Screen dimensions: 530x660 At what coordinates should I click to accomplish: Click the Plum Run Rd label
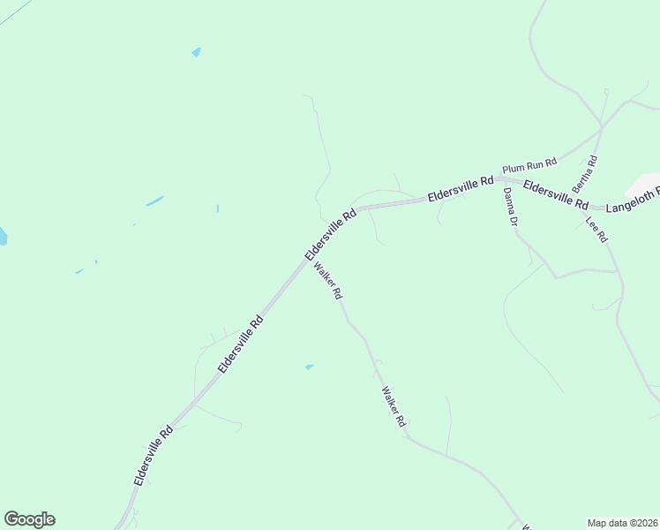529,163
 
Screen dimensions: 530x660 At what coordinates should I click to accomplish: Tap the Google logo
29,519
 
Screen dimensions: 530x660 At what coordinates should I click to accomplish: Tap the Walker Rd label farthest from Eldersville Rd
394,407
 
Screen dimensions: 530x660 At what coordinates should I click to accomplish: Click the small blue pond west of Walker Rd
309,367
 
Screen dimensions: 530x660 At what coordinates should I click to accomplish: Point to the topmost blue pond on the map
196,52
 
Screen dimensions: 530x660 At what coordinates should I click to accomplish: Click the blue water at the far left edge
3,236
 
